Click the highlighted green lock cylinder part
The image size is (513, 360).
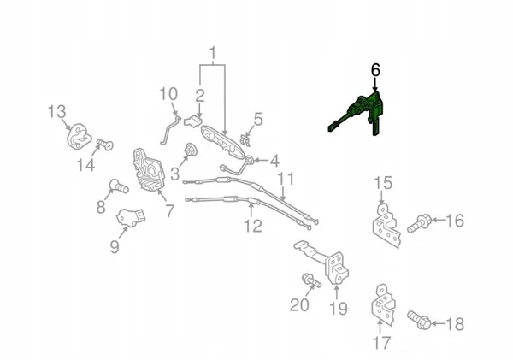point(363,111)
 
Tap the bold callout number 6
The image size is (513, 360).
point(375,70)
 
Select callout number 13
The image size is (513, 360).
point(57,112)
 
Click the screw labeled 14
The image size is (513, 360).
point(105,144)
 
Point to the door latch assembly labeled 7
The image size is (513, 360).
point(148,170)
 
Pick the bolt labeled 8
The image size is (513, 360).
point(118,186)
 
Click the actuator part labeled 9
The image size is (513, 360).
point(131,217)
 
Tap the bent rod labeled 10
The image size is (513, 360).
point(171,129)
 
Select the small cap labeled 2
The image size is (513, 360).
point(192,121)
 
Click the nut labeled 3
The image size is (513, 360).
point(190,150)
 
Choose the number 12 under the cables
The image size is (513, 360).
point(253,226)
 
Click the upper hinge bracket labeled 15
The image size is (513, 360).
point(386,226)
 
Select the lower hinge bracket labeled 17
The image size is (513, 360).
point(383,305)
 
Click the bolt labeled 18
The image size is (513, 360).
point(419,320)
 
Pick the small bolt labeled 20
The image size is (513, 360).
point(311,280)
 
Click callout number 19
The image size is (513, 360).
point(339,309)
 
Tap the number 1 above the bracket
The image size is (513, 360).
point(213,53)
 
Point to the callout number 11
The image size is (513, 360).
point(286,179)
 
